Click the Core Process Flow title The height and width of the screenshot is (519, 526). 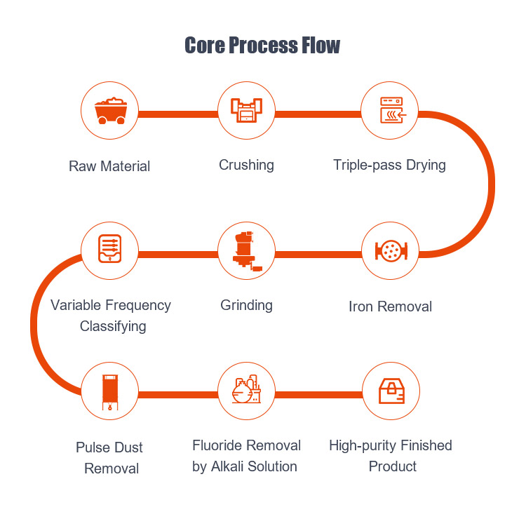coord(262,46)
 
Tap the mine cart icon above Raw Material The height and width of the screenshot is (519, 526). coord(110,111)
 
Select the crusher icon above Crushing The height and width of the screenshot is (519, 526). coord(246,111)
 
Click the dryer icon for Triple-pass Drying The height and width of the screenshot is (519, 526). coord(390,111)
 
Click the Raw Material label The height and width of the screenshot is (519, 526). coord(109,167)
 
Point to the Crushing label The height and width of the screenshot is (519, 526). coord(246,166)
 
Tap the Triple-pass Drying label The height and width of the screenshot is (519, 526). coord(390,166)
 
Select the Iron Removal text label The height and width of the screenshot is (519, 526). coord(390,306)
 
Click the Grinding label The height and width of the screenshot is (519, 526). coord(246,305)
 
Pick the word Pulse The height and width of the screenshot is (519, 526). coord(93,447)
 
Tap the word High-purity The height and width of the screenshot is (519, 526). coord(363,446)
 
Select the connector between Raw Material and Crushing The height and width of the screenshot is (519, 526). coord(178,112)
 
